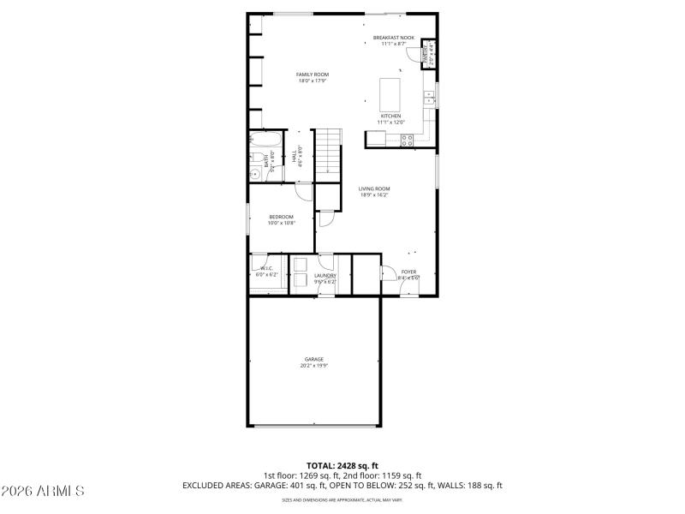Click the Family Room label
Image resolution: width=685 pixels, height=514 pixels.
313,75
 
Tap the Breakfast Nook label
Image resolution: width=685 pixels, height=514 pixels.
395,38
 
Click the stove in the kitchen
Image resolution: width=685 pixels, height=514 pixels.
408,139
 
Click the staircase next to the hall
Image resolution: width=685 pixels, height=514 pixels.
328,154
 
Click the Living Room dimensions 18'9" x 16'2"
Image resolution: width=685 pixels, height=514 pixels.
374,195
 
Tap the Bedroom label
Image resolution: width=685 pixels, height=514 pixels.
281,217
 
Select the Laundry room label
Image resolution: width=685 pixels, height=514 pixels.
325,276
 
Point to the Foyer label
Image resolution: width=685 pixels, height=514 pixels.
408,272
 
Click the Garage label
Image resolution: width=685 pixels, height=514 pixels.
314,359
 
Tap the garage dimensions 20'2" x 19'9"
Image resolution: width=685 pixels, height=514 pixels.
314,366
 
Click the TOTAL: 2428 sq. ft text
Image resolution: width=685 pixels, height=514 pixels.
342,465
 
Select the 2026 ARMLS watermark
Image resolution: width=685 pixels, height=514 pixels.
43,492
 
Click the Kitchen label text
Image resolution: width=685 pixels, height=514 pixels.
390,116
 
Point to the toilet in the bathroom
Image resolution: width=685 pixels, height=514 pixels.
254,174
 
